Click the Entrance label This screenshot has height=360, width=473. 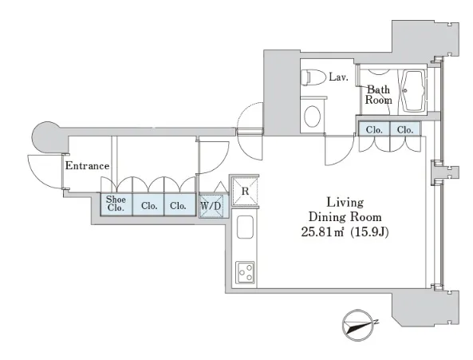coord(87,166)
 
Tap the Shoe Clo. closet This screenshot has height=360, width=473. coord(116,204)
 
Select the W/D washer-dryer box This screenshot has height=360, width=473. coord(211,206)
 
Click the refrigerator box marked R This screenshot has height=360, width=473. coord(245,192)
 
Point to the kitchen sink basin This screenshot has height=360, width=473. coord(245,227)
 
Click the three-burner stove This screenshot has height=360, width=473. coord(245,272)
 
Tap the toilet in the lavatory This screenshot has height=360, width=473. coord(313,77)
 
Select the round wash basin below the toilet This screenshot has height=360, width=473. coord(312,116)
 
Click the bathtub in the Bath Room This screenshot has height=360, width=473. coord(413,90)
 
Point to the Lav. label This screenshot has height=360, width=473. coord(338,77)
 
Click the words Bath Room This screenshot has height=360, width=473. coord(379,95)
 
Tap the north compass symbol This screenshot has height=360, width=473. coord(358,325)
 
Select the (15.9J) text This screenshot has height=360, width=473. coord(369,231)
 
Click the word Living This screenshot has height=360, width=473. coord(345,203)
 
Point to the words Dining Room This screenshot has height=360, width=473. coord(345,217)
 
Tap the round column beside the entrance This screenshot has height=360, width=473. coord(47,136)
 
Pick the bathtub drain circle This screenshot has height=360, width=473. coord(405,90)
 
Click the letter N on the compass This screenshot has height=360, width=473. coord(376,322)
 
